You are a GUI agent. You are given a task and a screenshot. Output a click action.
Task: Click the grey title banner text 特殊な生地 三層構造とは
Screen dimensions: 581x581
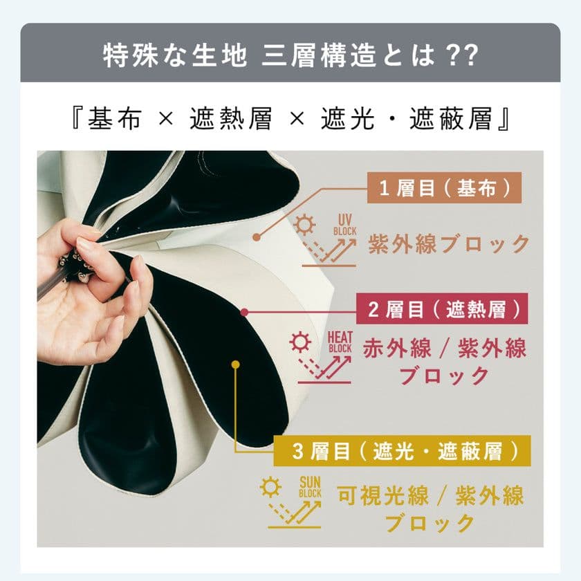coord(290,55)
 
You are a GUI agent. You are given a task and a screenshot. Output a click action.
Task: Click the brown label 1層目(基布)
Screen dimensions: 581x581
coord(443,188)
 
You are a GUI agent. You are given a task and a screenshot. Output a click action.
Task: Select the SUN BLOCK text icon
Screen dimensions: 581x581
coord(308,487)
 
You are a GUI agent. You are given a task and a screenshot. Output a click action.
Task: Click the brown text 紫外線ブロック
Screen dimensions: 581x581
coord(448,244)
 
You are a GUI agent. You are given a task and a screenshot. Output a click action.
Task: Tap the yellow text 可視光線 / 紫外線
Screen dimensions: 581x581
coord(430,495)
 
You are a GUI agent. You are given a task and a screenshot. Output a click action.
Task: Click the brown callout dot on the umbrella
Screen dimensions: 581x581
coord(257,237)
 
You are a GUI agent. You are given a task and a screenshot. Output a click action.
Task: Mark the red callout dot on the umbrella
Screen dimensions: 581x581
coord(244,313)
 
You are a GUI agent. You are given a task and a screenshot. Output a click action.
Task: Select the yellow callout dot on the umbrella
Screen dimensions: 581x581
coord(236,364)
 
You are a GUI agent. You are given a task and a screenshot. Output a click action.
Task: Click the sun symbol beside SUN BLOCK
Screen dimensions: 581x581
coord(269,487)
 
